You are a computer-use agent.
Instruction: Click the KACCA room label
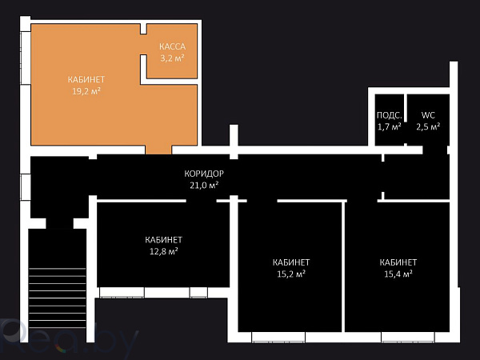(x=172, y=46)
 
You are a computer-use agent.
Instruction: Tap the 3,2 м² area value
(x=172, y=58)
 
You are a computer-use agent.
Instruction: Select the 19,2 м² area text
(x=86, y=91)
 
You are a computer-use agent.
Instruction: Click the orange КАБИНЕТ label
(x=86, y=79)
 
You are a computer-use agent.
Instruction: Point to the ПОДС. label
(x=389, y=115)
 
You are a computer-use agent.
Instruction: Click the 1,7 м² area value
(x=389, y=126)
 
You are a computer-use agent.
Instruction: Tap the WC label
(x=428, y=115)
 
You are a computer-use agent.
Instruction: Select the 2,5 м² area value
(x=428, y=126)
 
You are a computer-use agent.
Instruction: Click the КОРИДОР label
(x=203, y=174)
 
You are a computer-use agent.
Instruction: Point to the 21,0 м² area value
(x=203, y=185)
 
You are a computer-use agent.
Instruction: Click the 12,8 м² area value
(x=163, y=251)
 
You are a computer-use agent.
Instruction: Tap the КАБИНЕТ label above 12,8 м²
(x=163, y=240)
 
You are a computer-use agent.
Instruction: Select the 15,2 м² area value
(x=291, y=274)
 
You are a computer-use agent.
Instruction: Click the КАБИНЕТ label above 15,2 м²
(x=291, y=262)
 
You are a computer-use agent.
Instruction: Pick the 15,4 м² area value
(x=398, y=274)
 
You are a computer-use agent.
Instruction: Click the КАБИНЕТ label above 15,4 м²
(x=398, y=262)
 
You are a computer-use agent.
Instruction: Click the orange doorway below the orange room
(x=158, y=150)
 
